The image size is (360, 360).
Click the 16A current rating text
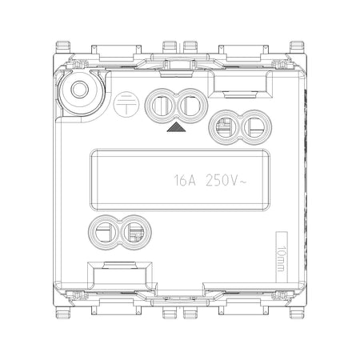tap(185, 180)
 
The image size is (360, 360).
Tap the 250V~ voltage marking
tap(226, 180)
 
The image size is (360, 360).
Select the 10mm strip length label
tap(281, 258)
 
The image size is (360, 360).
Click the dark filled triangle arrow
tap(176, 127)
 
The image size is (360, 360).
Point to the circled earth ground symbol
tap(126, 104)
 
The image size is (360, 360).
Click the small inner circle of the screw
tap(80, 90)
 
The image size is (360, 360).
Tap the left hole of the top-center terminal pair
tap(161, 106)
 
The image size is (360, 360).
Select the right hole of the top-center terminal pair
tap(191, 106)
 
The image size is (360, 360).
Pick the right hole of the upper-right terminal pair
tap(255, 127)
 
